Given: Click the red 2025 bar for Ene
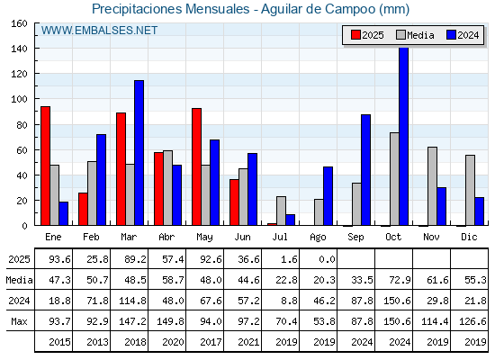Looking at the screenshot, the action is (x=45, y=166).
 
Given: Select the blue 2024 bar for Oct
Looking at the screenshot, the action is (x=404, y=136).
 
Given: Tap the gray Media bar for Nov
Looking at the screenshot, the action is (x=432, y=186).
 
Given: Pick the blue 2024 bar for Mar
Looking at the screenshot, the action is (x=139, y=153).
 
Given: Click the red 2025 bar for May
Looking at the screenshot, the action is (x=197, y=166).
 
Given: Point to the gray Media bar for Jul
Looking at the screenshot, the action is (x=281, y=211).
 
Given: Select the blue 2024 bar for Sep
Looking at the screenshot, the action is (x=365, y=170).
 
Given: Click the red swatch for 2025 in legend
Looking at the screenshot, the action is (x=355, y=35).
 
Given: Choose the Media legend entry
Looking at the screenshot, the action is (x=415, y=35).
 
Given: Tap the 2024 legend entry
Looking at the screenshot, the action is (x=463, y=35).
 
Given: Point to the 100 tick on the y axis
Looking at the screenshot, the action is (x=35, y=99).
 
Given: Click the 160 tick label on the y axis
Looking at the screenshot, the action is (x=19, y=23).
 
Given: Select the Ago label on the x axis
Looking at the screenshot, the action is (x=318, y=238).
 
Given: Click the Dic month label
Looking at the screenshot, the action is (x=469, y=237).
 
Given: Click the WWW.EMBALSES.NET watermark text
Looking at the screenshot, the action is (x=99, y=31).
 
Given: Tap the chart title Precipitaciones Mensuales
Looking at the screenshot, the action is (x=171, y=9).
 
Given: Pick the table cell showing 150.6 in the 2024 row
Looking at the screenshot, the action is (x=397, y=301).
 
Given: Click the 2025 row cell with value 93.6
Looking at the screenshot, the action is (x=59, y=259).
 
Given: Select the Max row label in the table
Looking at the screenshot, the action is (x=19, y=321).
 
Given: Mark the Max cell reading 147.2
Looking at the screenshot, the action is (x=132, y=321).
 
